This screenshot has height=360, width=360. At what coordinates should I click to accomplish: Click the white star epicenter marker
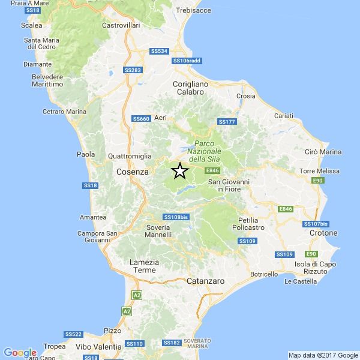179,171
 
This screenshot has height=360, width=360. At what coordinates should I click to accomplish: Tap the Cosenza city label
132,172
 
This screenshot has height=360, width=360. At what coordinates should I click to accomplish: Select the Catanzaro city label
205,280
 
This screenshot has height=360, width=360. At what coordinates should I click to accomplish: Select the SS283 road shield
133,70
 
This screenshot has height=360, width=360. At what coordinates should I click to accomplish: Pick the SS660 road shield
141,119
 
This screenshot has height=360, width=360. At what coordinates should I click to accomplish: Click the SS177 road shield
227,122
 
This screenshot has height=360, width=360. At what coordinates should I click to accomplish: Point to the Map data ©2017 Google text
323,355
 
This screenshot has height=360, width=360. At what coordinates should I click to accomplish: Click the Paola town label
86,154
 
